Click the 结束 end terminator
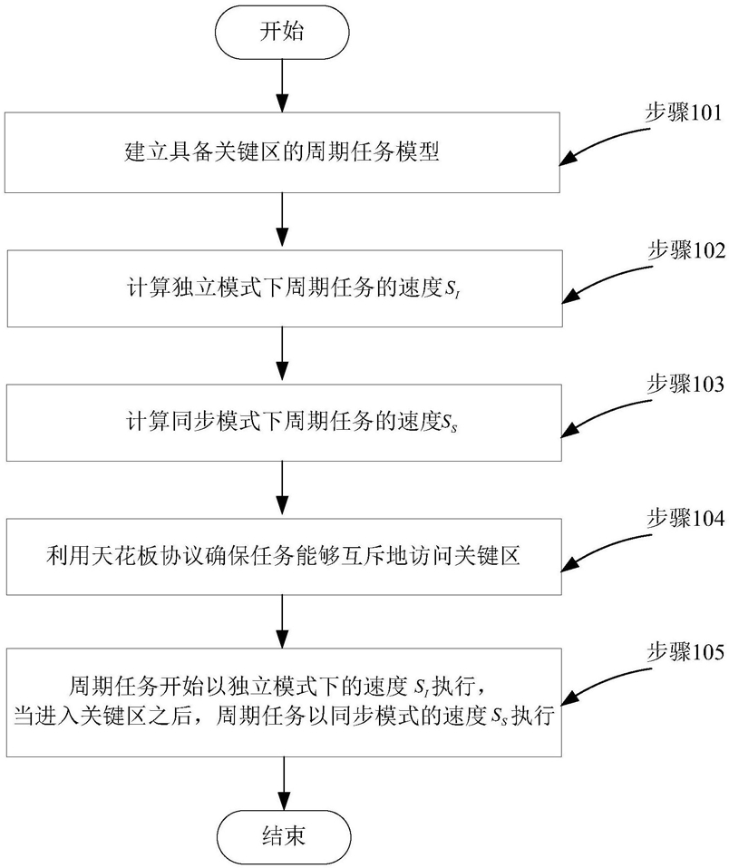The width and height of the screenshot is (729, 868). pyautogui.click(x=282, y=834)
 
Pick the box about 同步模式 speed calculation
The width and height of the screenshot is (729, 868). pyautogui.click(x=282, y=422)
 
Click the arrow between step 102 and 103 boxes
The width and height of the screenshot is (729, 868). pyautogui.click(x=282, y=354)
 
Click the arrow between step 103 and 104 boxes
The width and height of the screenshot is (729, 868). pyautogui.click(x=282, y=488)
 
